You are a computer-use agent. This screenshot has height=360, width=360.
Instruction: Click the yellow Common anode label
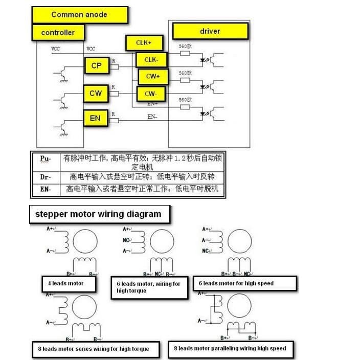pos(79,15)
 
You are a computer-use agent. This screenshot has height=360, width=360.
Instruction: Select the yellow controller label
pos(58,32)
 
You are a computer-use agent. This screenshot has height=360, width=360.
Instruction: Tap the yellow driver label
pos(210,31)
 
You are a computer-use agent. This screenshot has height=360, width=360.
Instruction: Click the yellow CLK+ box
pos(143,43)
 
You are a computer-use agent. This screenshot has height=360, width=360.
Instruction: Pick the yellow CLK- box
pos(151,60)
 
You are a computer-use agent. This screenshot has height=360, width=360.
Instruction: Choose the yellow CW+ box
pos(153,76)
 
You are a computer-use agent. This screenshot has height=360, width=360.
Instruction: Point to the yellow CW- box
pos(150,94)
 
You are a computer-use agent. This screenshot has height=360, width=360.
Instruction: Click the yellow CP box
pos(96,65)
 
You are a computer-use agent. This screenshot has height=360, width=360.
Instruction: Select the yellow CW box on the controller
pos(96,93)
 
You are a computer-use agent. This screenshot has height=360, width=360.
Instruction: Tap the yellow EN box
pos(95,118)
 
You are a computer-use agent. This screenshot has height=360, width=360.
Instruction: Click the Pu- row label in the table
pos(45,159)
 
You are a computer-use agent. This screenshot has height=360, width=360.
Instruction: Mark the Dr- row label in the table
pos(45,177)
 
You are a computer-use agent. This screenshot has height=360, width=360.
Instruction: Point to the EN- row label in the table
pos(45,189)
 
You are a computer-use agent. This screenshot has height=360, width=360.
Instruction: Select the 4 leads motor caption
pos(65,283)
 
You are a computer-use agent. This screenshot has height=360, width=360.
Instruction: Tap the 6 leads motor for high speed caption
pos(244,283)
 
